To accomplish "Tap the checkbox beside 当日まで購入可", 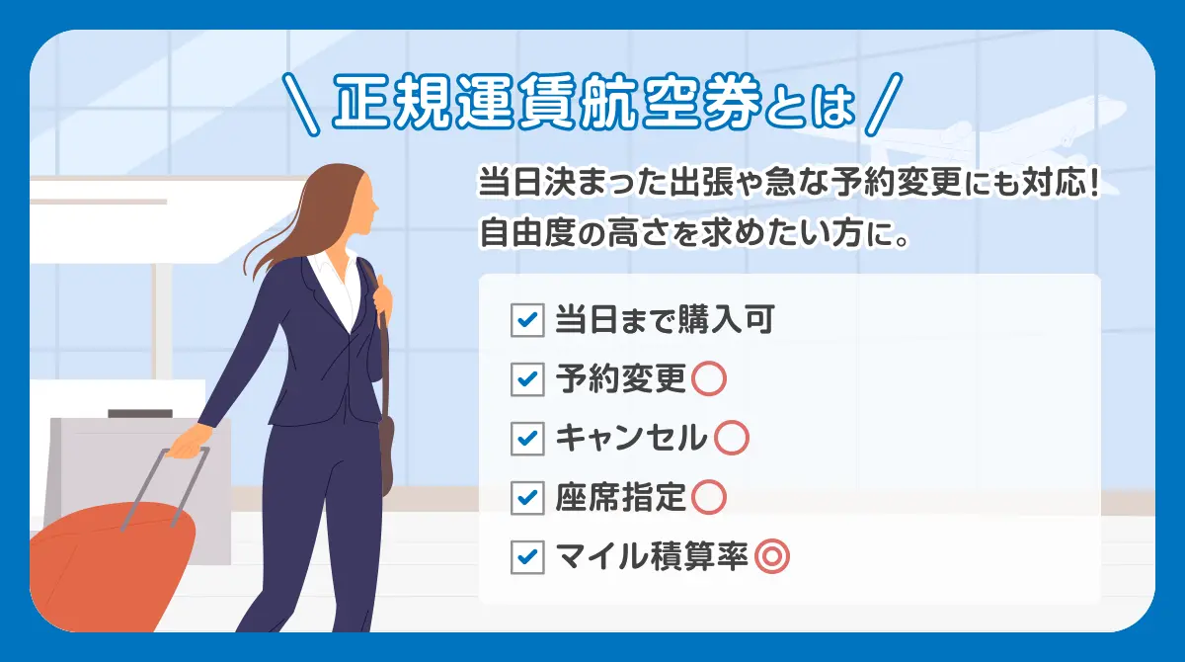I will click(x=527, y=321).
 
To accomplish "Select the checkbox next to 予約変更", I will click(x=527, y=379).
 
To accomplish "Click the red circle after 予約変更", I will click(x=709, y=379).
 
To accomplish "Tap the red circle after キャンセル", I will click(x=731, y=438).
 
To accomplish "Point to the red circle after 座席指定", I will click(x=709, y=497).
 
